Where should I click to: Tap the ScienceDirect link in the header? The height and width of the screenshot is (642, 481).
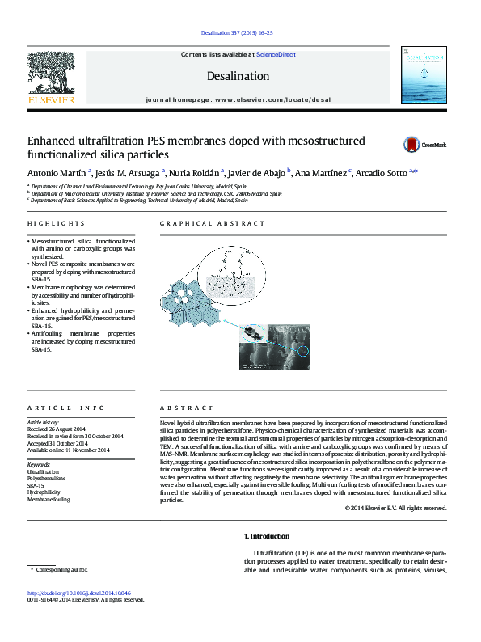pos(276,54)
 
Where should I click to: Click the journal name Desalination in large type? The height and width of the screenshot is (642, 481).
pos(238,76)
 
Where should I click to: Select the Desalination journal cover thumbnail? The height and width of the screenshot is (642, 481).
pos(424,74)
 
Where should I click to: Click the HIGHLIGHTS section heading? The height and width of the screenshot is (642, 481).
pos(51,223)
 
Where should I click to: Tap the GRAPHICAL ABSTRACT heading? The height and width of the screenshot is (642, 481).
pos(212,223)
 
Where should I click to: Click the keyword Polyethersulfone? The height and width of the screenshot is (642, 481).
pos(47,479)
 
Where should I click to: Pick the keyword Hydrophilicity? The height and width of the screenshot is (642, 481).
pos(44,492)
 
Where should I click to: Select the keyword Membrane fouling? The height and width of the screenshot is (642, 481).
pos(49,500)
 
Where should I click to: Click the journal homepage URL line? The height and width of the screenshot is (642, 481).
pos(238,99)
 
